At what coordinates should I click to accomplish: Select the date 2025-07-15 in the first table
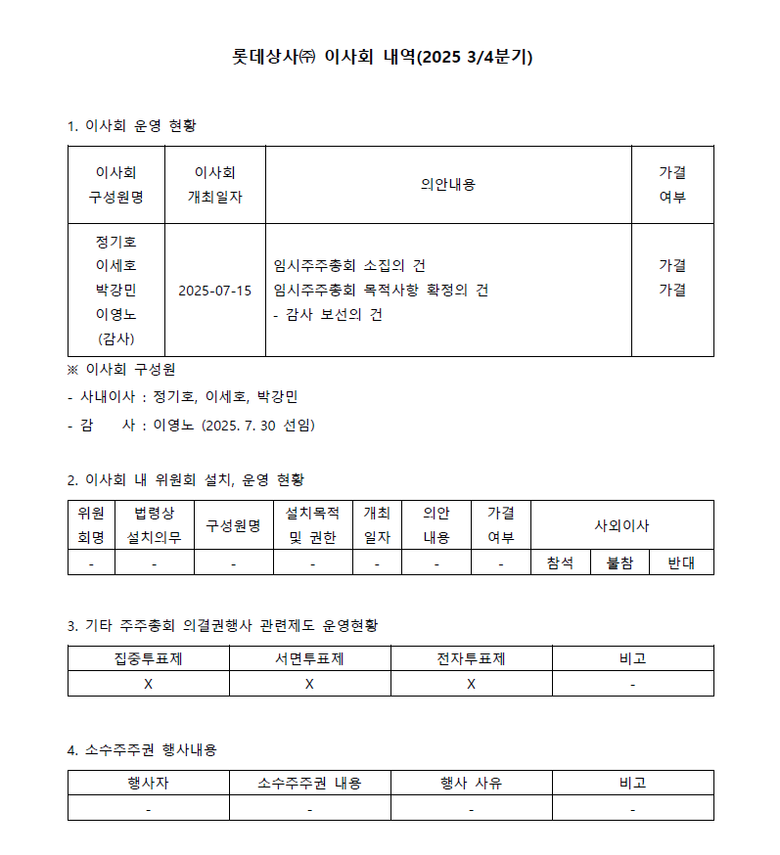click(x=214, y=291)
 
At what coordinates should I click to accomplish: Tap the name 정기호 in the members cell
click(x=115, y=242)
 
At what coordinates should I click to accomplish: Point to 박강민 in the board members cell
click(x=115, y=291)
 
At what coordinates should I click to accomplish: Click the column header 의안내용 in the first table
click(x=447, y=184)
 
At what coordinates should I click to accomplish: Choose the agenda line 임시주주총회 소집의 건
click(x=350, y=266)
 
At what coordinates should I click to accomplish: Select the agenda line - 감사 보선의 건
click(x=328, y=315)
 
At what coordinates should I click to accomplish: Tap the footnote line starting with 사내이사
click(x=183, y=397)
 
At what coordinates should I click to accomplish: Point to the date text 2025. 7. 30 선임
click(x=257, y=426)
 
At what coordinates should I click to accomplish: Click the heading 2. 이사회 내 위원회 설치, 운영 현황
click(x=186, y=480)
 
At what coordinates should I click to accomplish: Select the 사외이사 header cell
click(x=621, y=525)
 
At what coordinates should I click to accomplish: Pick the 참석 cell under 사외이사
click(x=560, y=562)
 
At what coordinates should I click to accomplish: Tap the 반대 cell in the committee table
click(x=680, y=562)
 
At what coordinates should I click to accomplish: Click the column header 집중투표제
click(x=148, y=658)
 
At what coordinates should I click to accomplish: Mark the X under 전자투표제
click(x=471, y=684)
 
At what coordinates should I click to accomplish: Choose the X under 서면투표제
click(x=309, y=684)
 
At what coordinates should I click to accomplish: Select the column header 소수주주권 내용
click(x=309, y=784)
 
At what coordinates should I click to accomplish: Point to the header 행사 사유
click(x=471, y=784)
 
